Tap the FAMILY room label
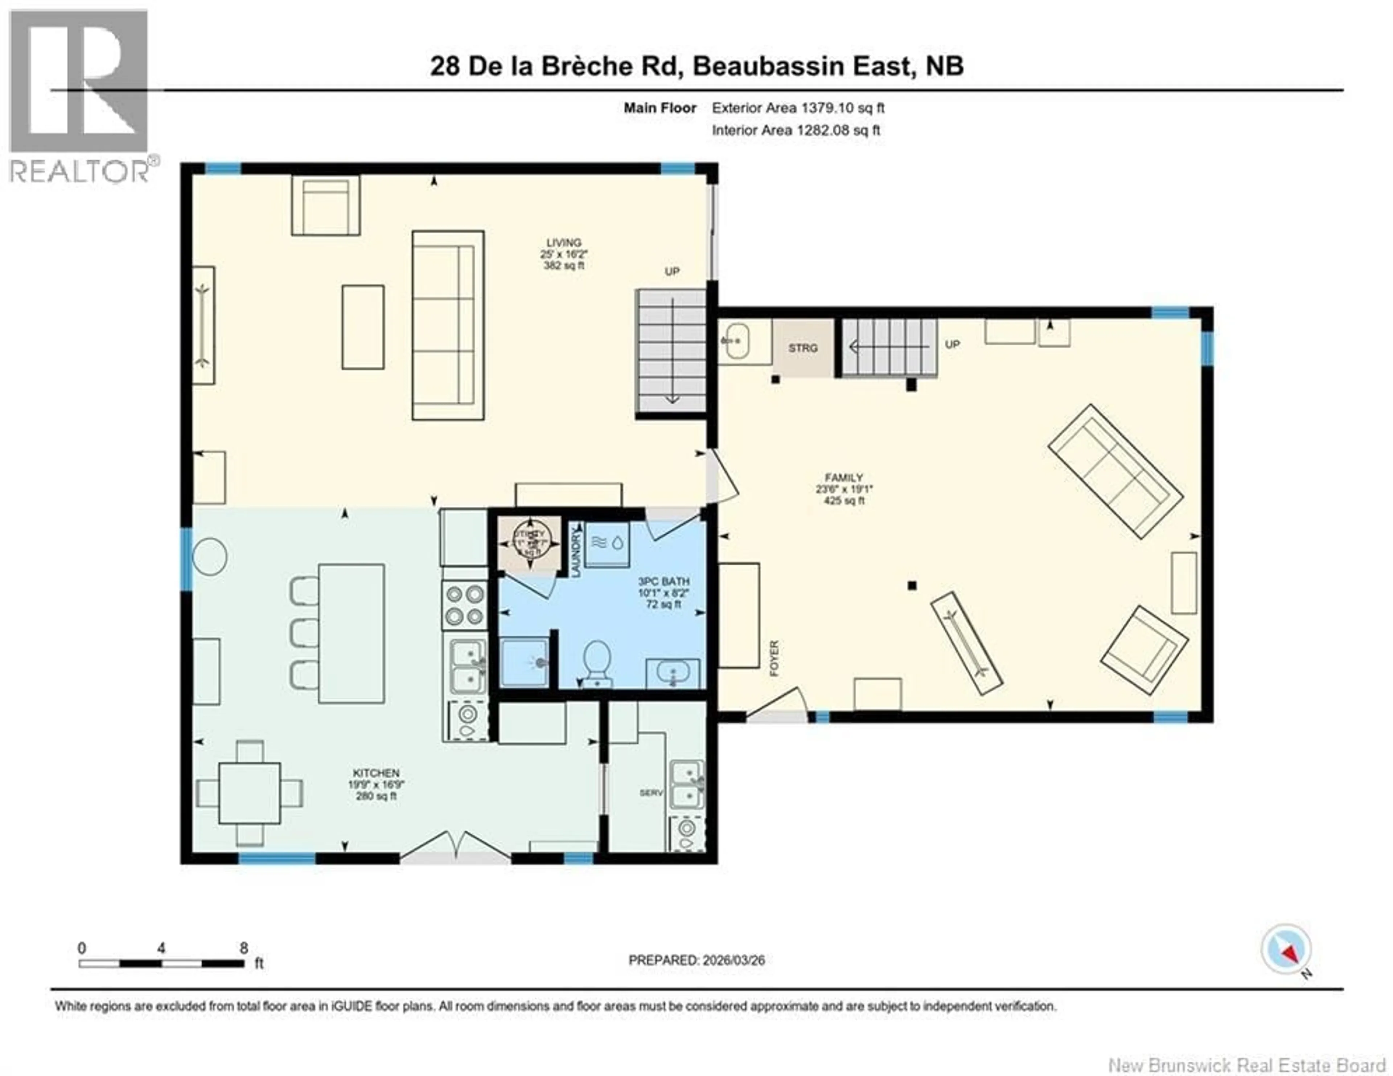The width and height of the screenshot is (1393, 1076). click(x=843, y=477)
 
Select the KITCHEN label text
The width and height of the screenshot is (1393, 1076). click(x=376, y=773)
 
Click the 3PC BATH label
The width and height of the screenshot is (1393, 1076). click(x=664, y=582)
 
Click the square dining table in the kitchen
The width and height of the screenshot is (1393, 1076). click(x=249, y=792)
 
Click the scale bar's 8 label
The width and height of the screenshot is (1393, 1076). click(x=244, y=948)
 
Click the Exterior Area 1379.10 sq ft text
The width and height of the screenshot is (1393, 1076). click(x=798, y=108)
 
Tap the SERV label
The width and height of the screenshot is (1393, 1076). click(x=651, y=792)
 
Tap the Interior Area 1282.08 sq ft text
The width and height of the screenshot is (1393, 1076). click(x=796, y=130)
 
